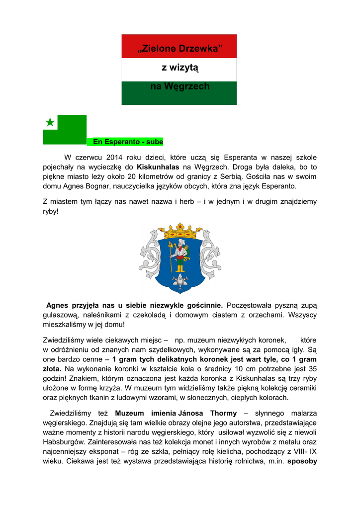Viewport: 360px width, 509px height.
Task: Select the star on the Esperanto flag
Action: tap(50, 122)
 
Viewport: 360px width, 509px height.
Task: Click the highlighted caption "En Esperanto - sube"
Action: tap(125, 142)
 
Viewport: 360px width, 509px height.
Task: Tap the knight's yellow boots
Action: tap(180, 268)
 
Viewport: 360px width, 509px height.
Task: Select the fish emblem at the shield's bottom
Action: tap(180, 281)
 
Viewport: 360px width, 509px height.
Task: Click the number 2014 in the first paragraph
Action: tap(116, 158)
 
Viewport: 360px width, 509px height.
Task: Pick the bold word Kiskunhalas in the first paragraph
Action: tap(158, 167)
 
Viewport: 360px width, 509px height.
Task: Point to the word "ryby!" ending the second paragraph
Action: tap(51, 211)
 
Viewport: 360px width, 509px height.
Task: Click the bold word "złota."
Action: tap(52, 369)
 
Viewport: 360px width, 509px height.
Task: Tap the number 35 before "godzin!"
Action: tap(312, 369)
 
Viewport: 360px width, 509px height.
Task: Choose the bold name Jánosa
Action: tap(192, 413)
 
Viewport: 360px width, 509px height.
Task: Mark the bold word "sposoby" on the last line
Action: tap(302, 460)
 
